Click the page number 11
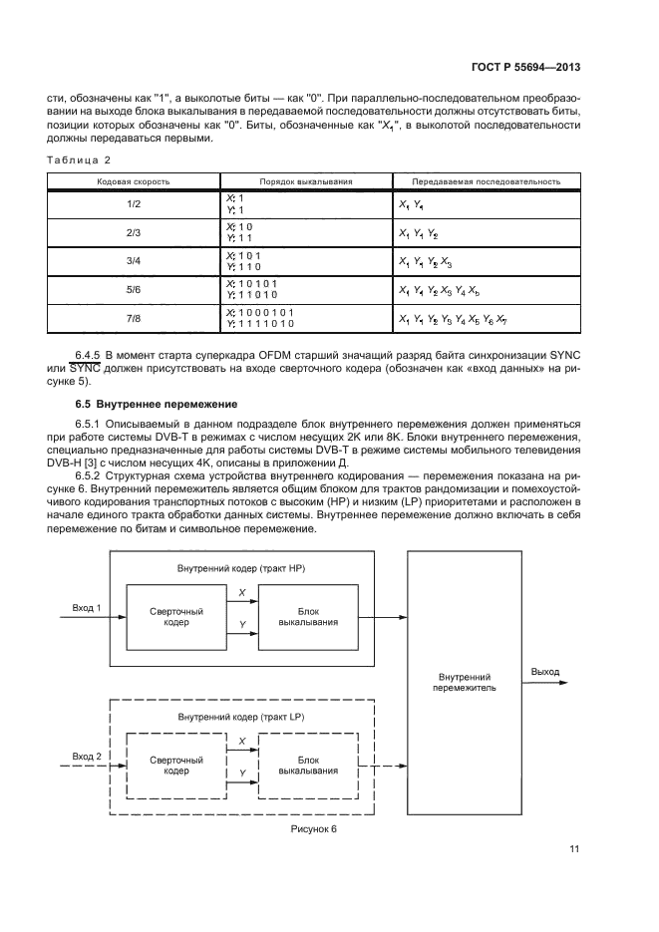[x=574, y=848]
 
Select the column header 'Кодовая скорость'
[x=133, y=182]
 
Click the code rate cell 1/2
[x=133, y=204]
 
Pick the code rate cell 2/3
[x=133, y=233]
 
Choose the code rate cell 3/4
[x=133, y=262]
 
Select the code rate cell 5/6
[x=133, y=290]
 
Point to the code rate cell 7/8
[x=133, y=319]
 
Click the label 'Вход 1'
[x=87, y=606]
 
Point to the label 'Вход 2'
[x=87, y=756]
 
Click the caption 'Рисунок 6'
[x=314, y=828]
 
